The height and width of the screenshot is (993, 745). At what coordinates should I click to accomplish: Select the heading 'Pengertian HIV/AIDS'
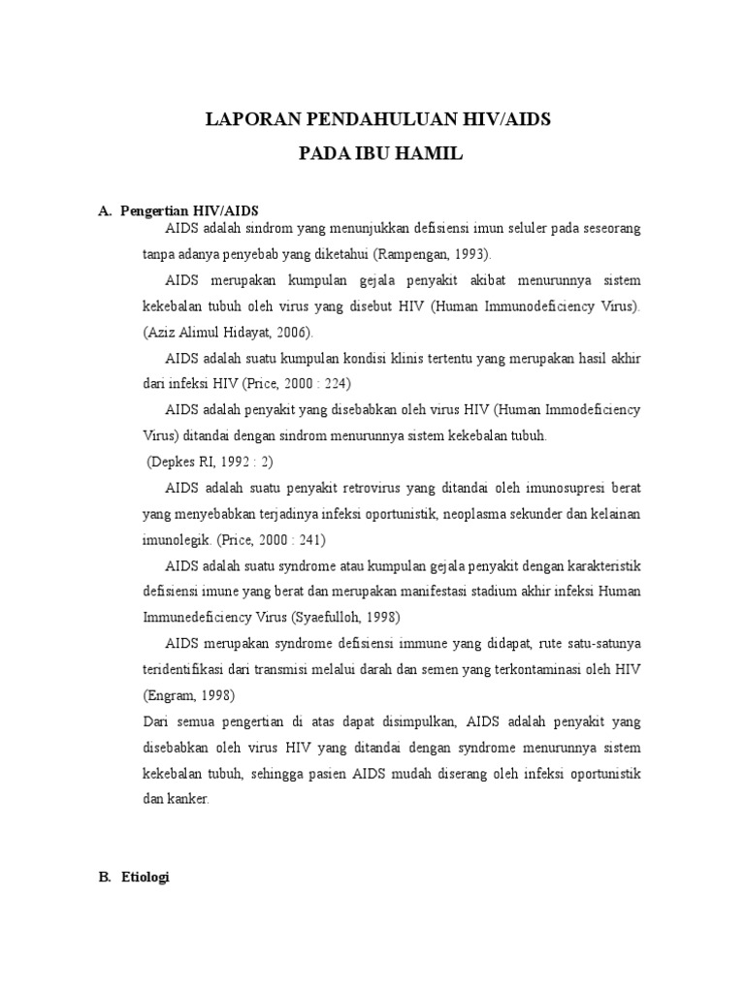(189, 211)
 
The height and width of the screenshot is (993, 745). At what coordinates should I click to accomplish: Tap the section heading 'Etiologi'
(146, 877)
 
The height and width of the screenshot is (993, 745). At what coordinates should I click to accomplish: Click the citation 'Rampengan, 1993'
(439, 254)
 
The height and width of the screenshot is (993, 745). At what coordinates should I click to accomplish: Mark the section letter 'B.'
(105, 877)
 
